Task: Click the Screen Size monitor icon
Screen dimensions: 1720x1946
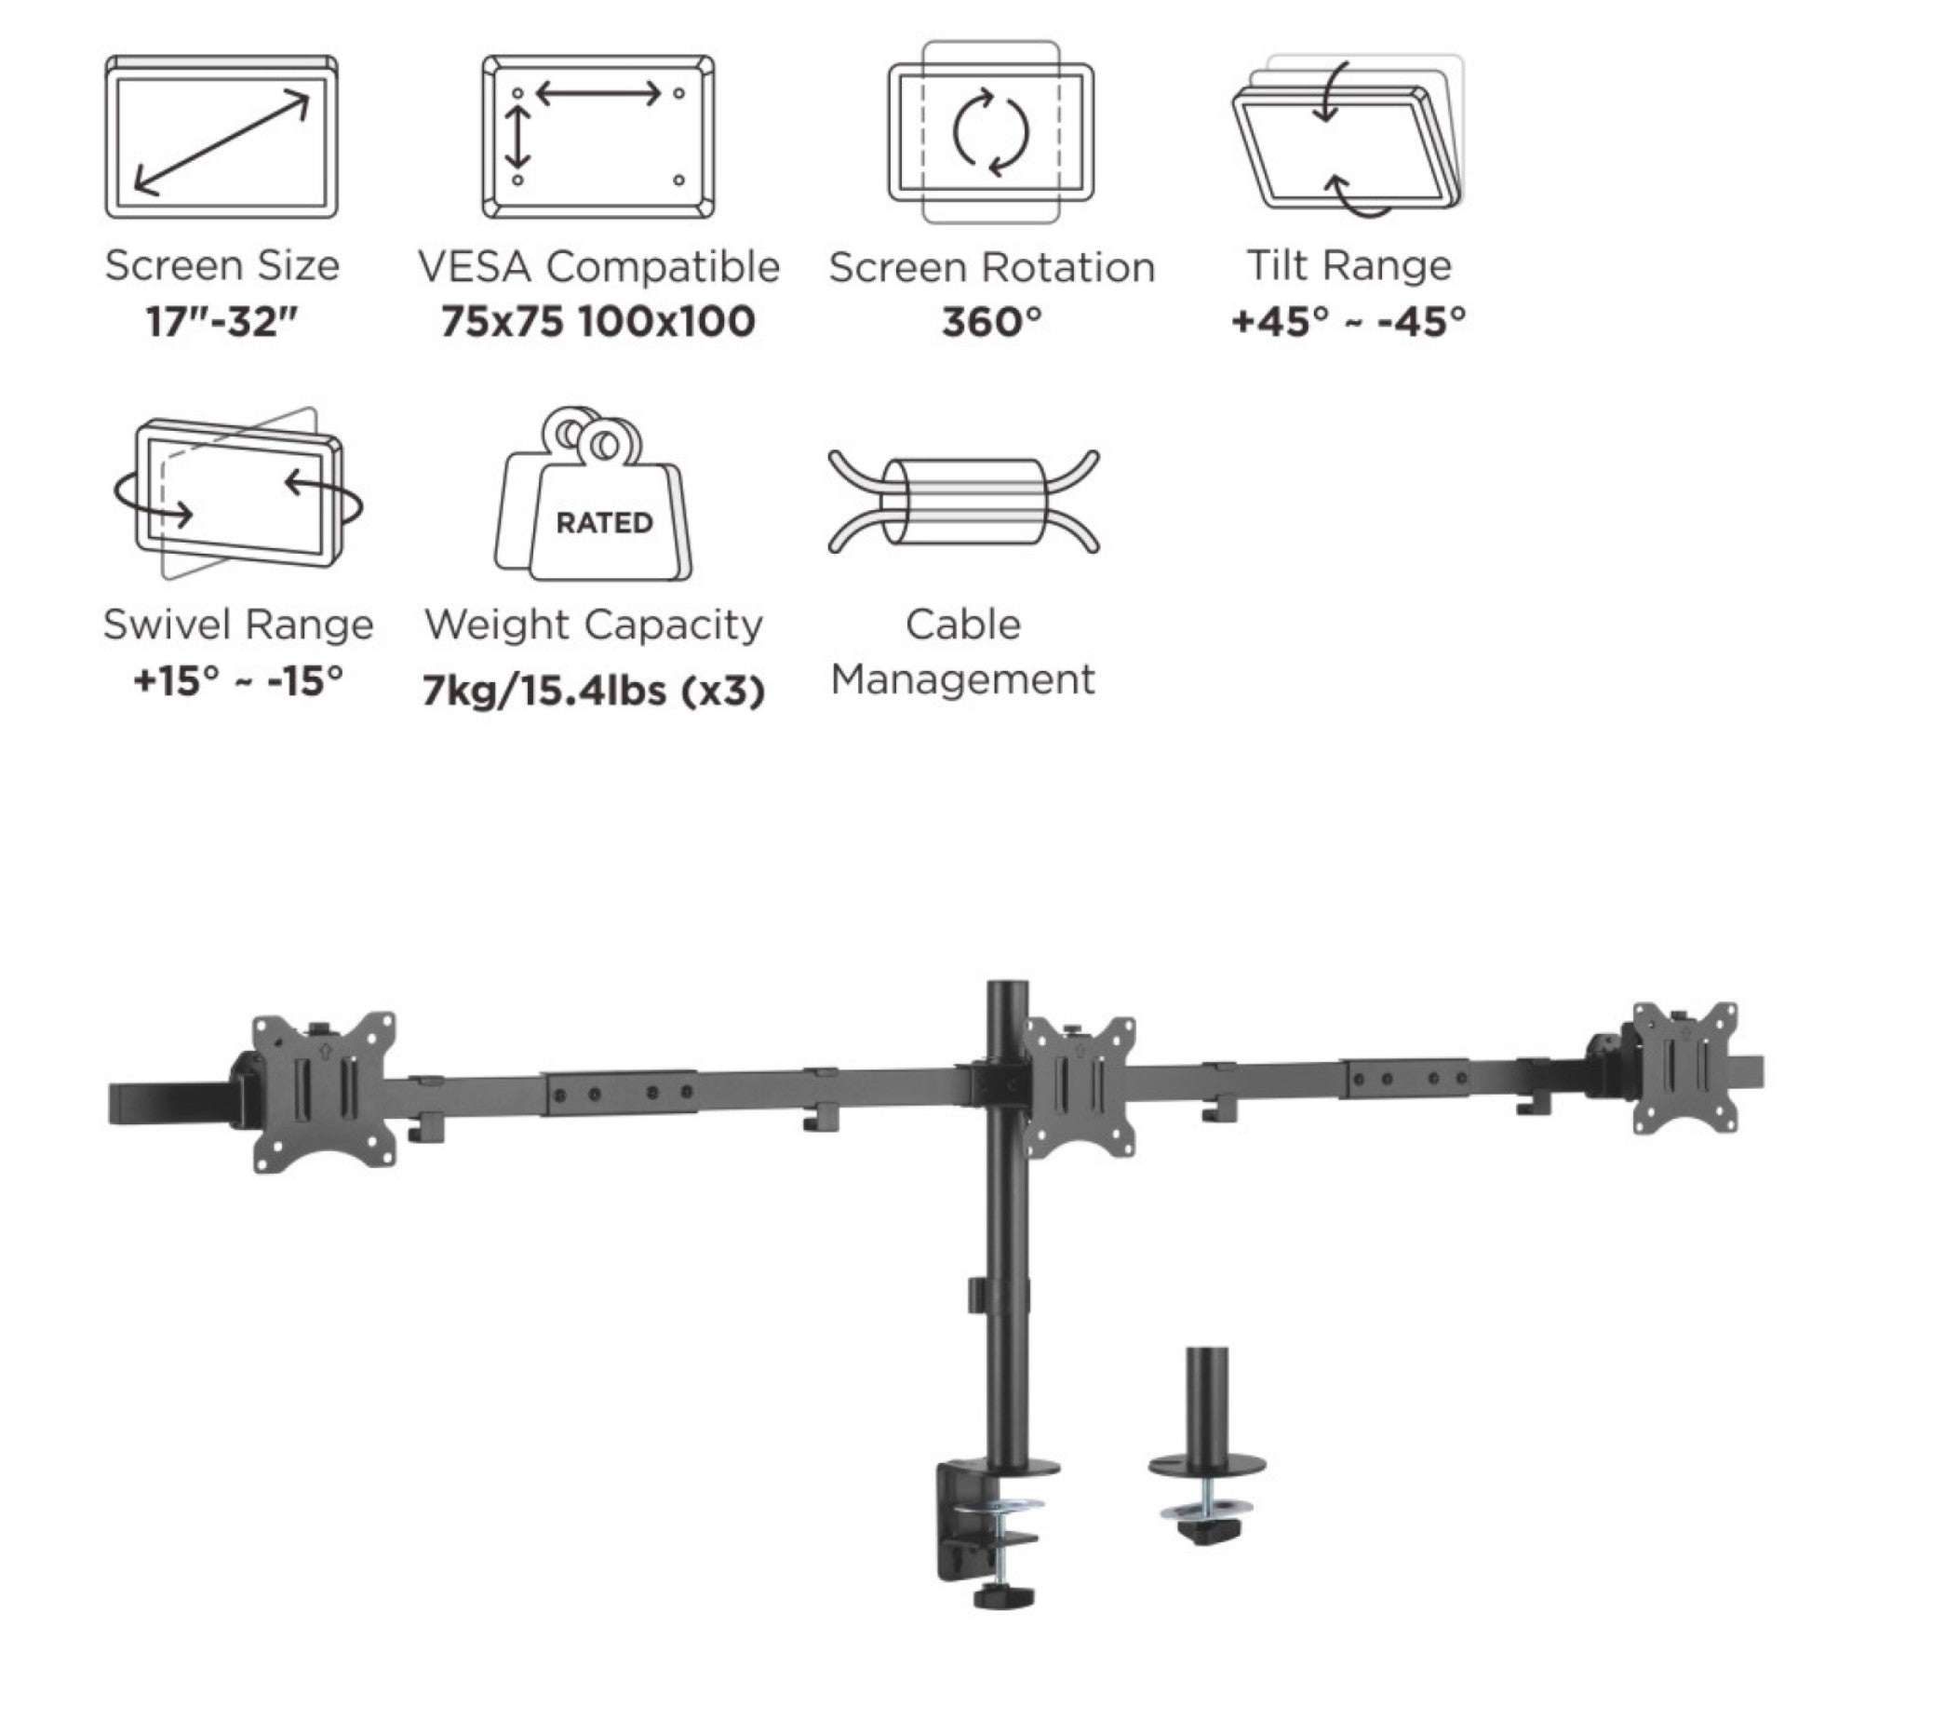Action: tap(221, 136)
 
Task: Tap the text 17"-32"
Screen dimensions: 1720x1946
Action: tap(221, 322)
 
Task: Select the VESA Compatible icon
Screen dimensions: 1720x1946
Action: tap(597, 136)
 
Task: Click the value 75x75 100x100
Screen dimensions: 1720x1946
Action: tap(597, 322)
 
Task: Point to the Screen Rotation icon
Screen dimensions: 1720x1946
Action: tap(990, 131)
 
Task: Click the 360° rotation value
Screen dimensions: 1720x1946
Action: tap(990, 322)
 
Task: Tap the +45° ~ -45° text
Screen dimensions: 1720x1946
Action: tap(1348, 322)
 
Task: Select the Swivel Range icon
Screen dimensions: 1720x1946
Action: tap(238, 495)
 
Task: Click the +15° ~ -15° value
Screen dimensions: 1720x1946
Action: tap(238, 680)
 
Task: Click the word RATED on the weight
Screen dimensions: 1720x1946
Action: tap(604, 523)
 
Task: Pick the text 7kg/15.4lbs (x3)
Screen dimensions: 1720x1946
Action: tap(593, 691)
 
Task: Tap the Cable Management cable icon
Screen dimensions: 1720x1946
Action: tap(963, 502)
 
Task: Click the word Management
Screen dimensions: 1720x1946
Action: tap(962, 680)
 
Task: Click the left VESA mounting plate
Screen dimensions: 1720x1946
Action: tap(324, 1092)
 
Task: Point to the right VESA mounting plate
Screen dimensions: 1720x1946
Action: tap(1684, 1067)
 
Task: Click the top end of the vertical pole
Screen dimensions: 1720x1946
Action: tap(1006, 990)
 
